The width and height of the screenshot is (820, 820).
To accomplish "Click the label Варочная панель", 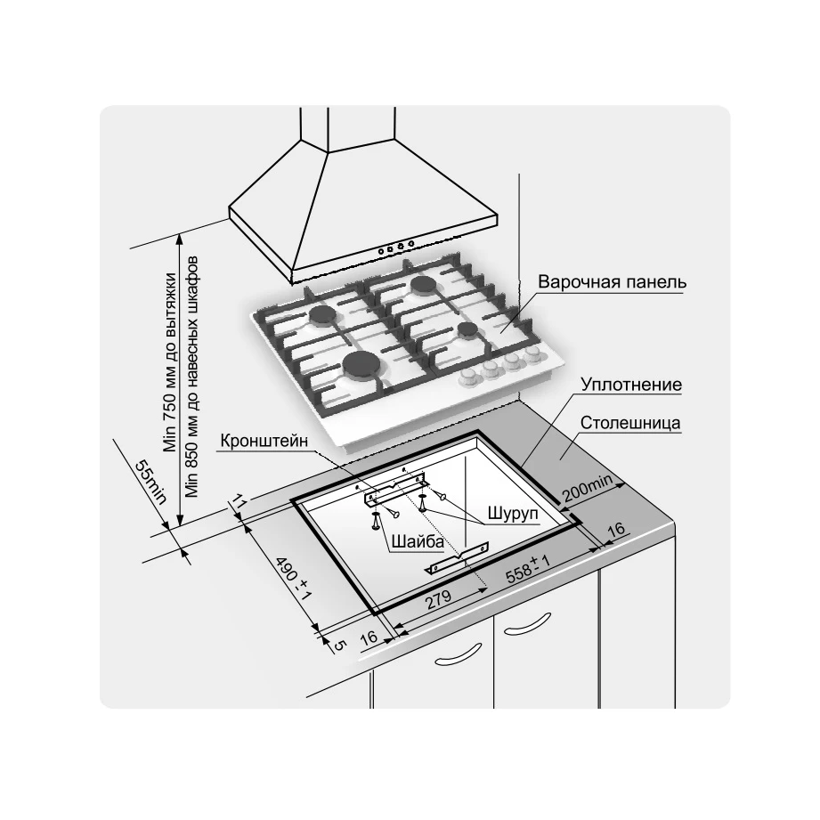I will (x=612, y=282).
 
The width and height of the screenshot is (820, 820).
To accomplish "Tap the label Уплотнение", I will (x=631, y=386).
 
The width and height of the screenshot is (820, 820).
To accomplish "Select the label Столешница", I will (x=630, y=423).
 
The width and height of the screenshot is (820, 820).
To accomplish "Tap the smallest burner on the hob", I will (x=465, y=331).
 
